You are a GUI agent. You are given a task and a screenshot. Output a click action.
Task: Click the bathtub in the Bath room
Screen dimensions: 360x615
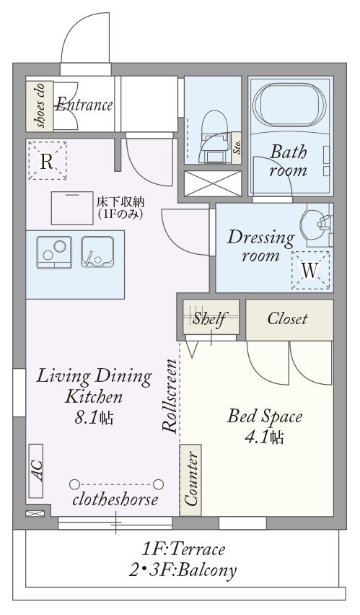pyautogui.click(x=289, y=105)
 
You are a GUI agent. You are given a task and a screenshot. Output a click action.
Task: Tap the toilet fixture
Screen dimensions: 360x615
pyautogui.click(x=214, y=135)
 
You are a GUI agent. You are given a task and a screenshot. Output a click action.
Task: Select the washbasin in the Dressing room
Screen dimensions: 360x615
pyautogui.click(x=317, y=224)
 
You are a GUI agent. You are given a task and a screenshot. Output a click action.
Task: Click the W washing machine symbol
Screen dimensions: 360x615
pyautogui.click(x=310, y=270)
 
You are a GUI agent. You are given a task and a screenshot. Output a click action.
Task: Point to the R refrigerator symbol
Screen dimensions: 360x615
pyautogui.click(x=47, y=161)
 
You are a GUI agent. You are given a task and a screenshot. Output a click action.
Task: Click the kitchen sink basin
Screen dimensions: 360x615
pyautogui.click(x=97, y=252)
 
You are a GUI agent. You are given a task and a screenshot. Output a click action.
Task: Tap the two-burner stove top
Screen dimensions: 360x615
pyautogui.click(x=54, y=252)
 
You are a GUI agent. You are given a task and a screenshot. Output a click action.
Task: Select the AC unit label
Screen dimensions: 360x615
pyautogui.click(x=36, y=471)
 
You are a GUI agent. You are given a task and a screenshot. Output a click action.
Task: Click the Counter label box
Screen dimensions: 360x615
pyautogui.click(x=190, y=480)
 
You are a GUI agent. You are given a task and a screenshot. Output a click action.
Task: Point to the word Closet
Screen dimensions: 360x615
pyautogui.click(x=287, y=318)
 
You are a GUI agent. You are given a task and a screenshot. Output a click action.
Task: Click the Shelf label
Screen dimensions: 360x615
pyautogui.click(x=211, y=318)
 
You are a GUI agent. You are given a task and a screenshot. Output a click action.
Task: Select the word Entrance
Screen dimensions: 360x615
pyautogui.click(x=84, y=105)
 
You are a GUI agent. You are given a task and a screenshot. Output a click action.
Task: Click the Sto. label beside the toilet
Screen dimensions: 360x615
pyautogui.click(x=237, y=147)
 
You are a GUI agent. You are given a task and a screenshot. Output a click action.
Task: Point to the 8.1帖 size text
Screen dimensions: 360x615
pyautogui.click(x=94, y=418)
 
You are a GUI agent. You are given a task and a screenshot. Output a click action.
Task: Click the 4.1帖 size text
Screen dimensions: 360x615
pyautogui.click(x=264, y=437)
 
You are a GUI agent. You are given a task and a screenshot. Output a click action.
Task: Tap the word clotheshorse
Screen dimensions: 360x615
pyautogui.click(x=115, y=500)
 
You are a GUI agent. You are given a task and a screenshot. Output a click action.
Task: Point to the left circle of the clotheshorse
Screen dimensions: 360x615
pyautogui.click(x=74, y=484)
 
